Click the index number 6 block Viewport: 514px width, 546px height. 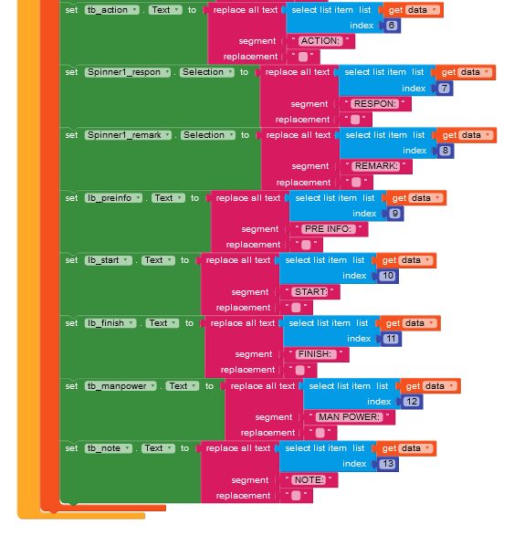[392, 26]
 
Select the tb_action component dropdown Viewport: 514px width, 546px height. [111, 10]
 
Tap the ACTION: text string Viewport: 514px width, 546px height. [320, 41]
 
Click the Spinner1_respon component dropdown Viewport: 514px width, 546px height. [128, 72]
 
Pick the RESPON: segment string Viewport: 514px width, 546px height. [374, 104]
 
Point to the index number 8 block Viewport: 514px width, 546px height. [445, 151]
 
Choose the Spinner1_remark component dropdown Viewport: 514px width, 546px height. [128, 135]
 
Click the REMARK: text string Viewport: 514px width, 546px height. [376, 166]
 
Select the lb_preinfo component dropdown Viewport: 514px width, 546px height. [113, 198]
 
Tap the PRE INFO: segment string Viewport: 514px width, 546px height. [328, 229]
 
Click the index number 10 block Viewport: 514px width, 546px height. [388, 276]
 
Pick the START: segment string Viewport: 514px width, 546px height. [310, 292]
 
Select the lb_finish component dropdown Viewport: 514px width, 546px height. [110, 323]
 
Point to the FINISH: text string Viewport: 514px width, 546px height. [316, 354]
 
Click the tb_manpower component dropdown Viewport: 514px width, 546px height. [121, 386]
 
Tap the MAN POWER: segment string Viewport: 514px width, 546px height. [349, 417]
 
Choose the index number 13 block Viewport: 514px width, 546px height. [388, 464]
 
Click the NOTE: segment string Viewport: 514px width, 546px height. [309, 480]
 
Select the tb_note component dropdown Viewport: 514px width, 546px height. [109, 448]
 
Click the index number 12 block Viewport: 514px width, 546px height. [412, 402]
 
